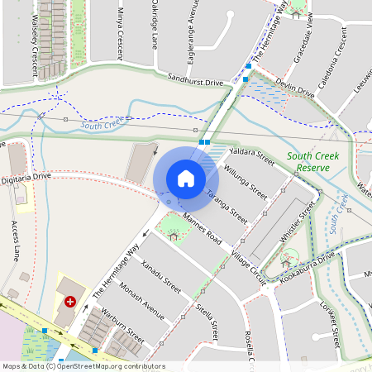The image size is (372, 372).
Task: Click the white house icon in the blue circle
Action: click(x=186, y=178)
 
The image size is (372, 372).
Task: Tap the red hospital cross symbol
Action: click(x=69, y=303)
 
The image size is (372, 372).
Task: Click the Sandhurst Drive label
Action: click(x=197, y=83)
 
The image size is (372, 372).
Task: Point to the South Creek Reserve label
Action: click(x=308, y=161)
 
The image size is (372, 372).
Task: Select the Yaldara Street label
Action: click(x=251, y=153)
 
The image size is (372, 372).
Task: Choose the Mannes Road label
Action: click(x=203, y=226)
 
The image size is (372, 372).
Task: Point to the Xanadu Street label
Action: click(x=160, y=274)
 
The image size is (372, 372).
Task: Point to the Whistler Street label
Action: click(x=297, y=222)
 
